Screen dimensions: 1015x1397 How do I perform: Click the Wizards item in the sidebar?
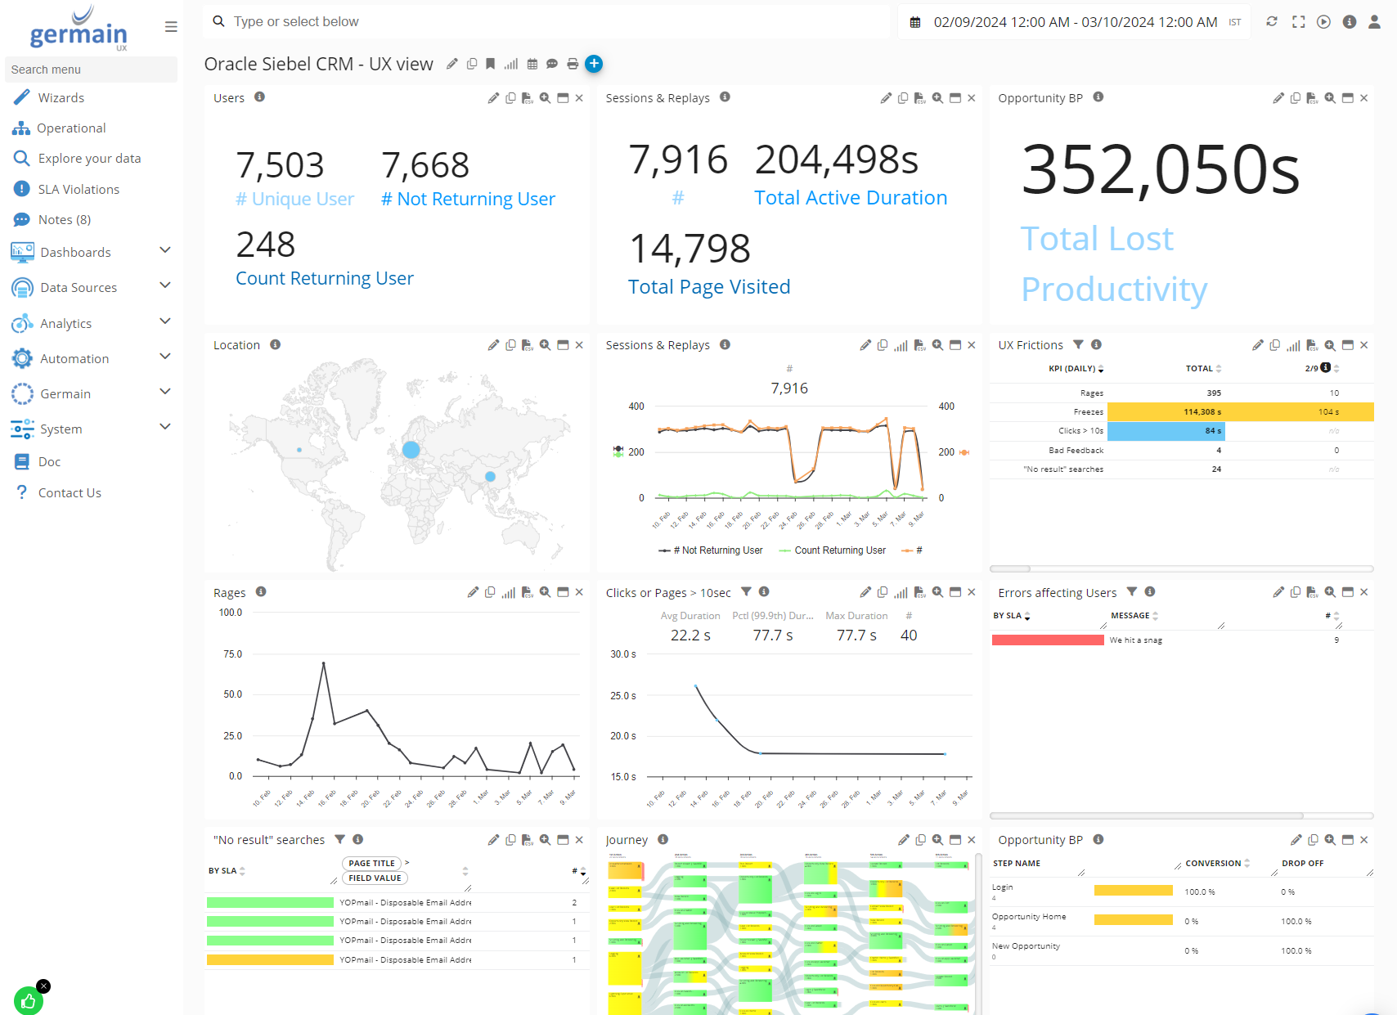pos(61,98)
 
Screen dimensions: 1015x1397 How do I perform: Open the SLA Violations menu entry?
pos(79,190)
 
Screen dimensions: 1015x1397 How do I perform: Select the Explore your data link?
pos(89,159)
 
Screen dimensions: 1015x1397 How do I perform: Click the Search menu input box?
pos(91,70)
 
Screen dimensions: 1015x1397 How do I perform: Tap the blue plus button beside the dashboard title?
pos(594,64)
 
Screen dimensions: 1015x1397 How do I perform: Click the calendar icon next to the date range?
pos(915,23)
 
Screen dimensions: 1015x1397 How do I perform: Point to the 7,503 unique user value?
pos(280,165)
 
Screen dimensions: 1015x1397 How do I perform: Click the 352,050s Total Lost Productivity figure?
pos(1160,170)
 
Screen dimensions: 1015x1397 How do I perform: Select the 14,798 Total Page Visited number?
pos(690,249)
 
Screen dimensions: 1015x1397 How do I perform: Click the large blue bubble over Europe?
pos(411,450)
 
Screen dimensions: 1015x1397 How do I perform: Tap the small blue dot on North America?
pos(299,450)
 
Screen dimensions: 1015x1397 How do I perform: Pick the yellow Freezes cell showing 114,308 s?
pos(1166,412)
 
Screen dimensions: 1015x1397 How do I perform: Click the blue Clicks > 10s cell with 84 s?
pos(1166,431)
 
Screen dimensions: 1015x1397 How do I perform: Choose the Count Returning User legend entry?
pos(839,550)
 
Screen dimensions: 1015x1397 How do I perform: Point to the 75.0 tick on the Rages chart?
pos(232,654)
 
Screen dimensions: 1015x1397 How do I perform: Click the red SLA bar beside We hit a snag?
pos(1047,640)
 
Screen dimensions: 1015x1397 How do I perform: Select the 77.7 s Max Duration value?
pos(856,635)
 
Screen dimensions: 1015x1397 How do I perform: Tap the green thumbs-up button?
pos(29,1001)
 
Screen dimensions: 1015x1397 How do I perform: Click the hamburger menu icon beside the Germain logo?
pos(171,27)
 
